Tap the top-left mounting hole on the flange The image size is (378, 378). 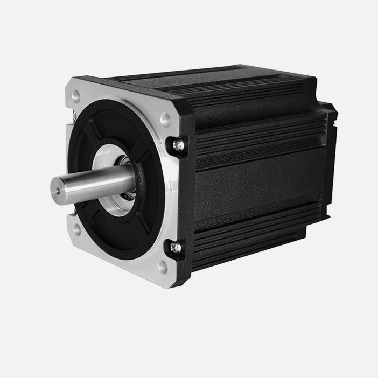76,96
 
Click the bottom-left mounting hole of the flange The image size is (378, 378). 76,228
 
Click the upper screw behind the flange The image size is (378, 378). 176,144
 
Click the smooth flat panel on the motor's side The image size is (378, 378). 258,183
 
